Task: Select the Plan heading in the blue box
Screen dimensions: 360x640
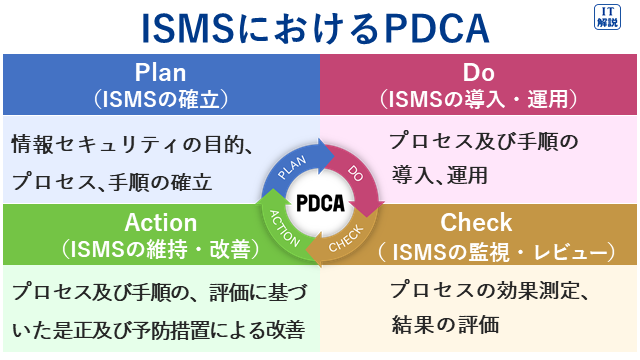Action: click(x=160, y=73)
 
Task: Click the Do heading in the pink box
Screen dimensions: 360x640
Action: click(x=479, y=73)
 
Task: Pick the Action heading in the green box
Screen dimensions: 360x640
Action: click(x=160, y=221)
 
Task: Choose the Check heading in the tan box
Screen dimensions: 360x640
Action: click(x=477, y=221)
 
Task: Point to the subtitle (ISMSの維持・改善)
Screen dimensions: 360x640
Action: click(x=160, y=247)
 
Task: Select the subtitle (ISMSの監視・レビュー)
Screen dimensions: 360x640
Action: click(x=477, y=247)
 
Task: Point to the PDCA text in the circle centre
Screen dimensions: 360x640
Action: click(x=321, y=204)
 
